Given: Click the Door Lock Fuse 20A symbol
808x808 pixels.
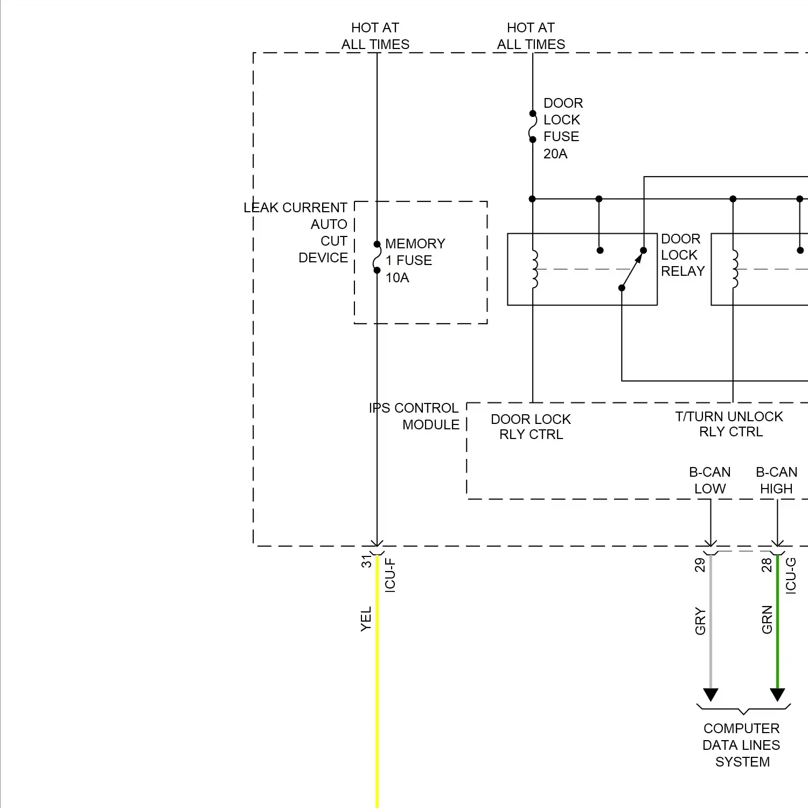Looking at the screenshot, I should pyautogui.click(x=532, y=127).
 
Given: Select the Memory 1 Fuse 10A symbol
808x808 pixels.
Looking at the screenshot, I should pyautogui.click(x=377, y=257).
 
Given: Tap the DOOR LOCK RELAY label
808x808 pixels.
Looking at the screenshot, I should pyautogui.click(x=682, y=255).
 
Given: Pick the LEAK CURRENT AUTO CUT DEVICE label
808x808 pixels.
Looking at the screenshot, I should pyautogui.click(x=296, y=232).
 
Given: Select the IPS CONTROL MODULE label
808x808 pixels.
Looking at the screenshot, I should pyautogui.click(x=414, y=416).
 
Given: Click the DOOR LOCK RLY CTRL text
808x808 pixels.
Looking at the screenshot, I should pyautogui.click(x=531, y=427).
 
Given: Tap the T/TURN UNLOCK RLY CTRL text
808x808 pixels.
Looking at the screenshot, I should pyautogui.click(x=729, y=424).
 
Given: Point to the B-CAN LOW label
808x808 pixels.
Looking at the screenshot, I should pyautogui.click(x=709, y=480).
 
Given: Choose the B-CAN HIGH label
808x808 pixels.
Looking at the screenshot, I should pyautogui.click(x=776, y=480).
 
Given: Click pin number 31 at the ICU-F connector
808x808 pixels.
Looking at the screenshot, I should pyautogui.click(x=366, y=561).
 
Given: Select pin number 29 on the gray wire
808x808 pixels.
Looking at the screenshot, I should pyautogui.click(x=699, y=565).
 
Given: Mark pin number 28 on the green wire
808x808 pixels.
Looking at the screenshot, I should pyautogui.click(x=766, y=565).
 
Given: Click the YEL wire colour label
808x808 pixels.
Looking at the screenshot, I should pyautogui.click(x=366, y=619).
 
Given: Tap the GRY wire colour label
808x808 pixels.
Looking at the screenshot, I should pyautogui.click(x=700, y=621).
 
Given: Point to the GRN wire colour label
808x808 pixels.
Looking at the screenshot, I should pyautogui.click(x=767, y=619).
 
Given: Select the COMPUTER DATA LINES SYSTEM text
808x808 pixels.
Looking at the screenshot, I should pyautogui.click(x=742, y=745).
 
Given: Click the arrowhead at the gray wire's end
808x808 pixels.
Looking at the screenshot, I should pyautogui.click(x=711, y=695).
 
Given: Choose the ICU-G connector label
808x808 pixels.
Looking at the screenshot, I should pyautogui.click(x=790, y=576).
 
